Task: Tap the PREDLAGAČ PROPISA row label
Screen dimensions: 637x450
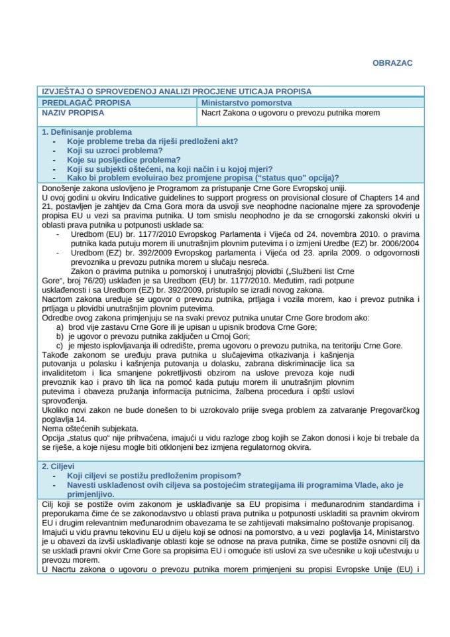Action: [86, 102]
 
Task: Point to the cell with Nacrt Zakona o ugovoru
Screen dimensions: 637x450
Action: [290, 112]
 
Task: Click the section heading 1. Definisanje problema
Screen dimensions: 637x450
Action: [86, 132]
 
